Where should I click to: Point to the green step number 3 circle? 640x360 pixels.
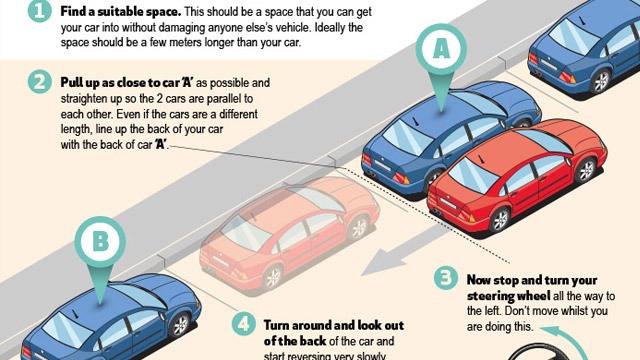(443, 278)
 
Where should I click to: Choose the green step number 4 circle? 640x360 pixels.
(242, 325)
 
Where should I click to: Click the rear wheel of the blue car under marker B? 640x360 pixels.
(180, 326)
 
